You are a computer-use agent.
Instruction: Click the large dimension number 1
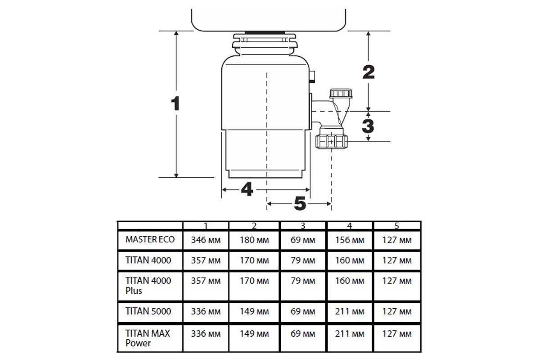pos(176,103)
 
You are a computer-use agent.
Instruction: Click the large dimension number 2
pos(369,72)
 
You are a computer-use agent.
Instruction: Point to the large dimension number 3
pos(368,126)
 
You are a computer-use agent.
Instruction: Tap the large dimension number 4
pos(247,189)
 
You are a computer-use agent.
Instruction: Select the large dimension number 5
pos(300,203)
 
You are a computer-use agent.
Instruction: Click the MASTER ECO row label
pos(150,239)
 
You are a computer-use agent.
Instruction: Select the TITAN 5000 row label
pos(148,311)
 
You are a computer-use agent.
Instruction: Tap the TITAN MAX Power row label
pos(148,338)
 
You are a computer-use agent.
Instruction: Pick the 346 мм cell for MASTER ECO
pos(206,240)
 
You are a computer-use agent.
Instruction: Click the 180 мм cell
pos(254,240)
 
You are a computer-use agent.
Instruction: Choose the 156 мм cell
pos(350,240)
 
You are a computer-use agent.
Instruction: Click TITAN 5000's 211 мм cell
pos(350,311)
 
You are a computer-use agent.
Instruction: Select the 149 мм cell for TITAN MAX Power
pos(254,334)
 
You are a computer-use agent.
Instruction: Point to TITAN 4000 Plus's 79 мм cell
pos(303,281)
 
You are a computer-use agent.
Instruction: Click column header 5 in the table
pos(397,226)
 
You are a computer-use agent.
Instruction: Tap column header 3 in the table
pos(303,226)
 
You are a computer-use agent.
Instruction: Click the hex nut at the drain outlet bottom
pos(332,142)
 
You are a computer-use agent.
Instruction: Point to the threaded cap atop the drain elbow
pos(341,94)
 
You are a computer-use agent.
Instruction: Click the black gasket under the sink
pos(265,32)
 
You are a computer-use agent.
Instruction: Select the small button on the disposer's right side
pos(312,76)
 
